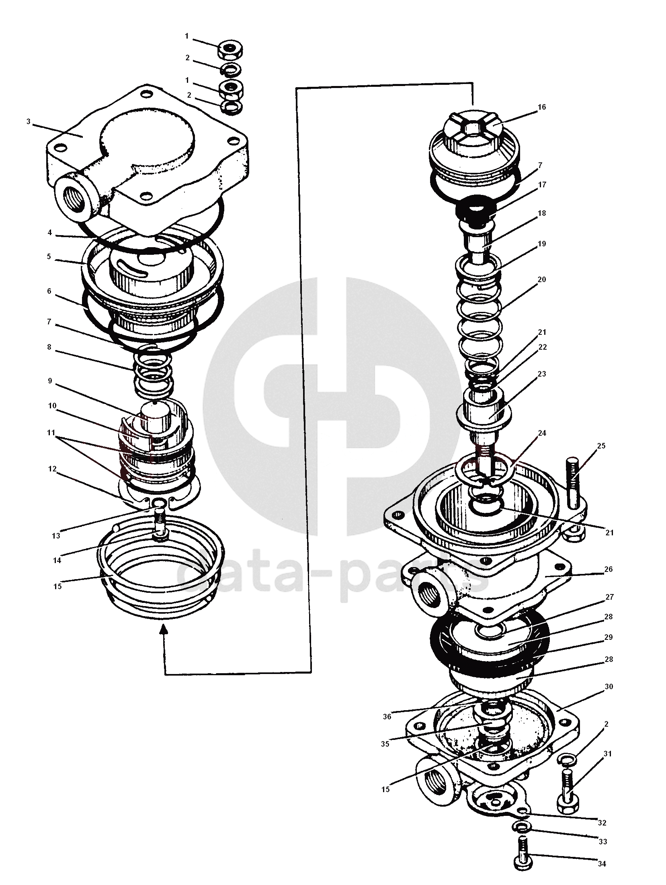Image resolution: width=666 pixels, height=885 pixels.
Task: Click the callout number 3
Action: point(28,122)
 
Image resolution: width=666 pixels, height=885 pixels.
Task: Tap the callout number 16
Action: point(541,107)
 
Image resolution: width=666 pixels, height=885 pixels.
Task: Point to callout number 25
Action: point(601,446)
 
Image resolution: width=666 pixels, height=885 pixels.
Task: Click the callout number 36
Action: point(387,717)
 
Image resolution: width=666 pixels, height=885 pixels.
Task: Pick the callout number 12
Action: point(52,469)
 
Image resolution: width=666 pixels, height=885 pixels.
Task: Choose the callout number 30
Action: point(609,687)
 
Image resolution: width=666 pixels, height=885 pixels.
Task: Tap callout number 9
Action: point(50,381)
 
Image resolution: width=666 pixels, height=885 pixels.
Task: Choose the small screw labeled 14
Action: point(160,524)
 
